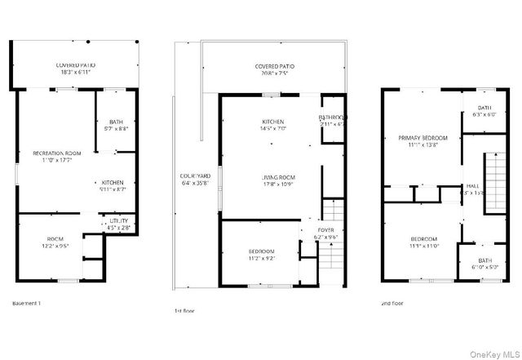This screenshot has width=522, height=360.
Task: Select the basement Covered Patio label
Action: pos(77,64)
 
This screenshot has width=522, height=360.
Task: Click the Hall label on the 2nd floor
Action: pos(472,186)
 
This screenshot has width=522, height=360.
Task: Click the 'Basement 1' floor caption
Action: pos(27,303)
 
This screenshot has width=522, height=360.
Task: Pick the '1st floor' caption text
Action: pos(184,310)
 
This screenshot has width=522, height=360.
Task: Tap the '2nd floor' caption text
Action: pos(392,303)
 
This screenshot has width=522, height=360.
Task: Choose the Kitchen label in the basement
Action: pos(112,182)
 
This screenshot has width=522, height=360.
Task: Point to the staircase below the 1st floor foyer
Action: pos(329,260)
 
